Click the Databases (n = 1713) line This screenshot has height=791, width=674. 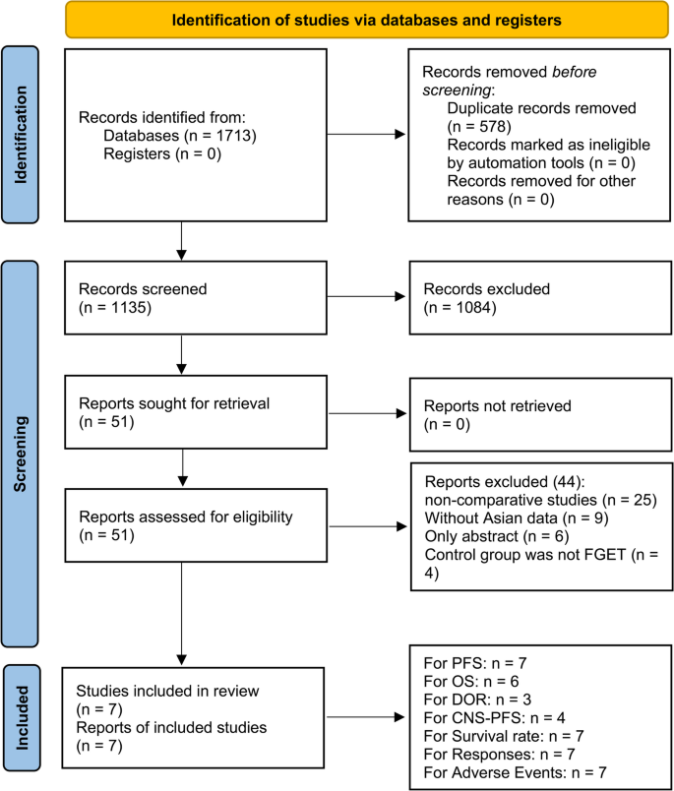pos(180,135)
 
